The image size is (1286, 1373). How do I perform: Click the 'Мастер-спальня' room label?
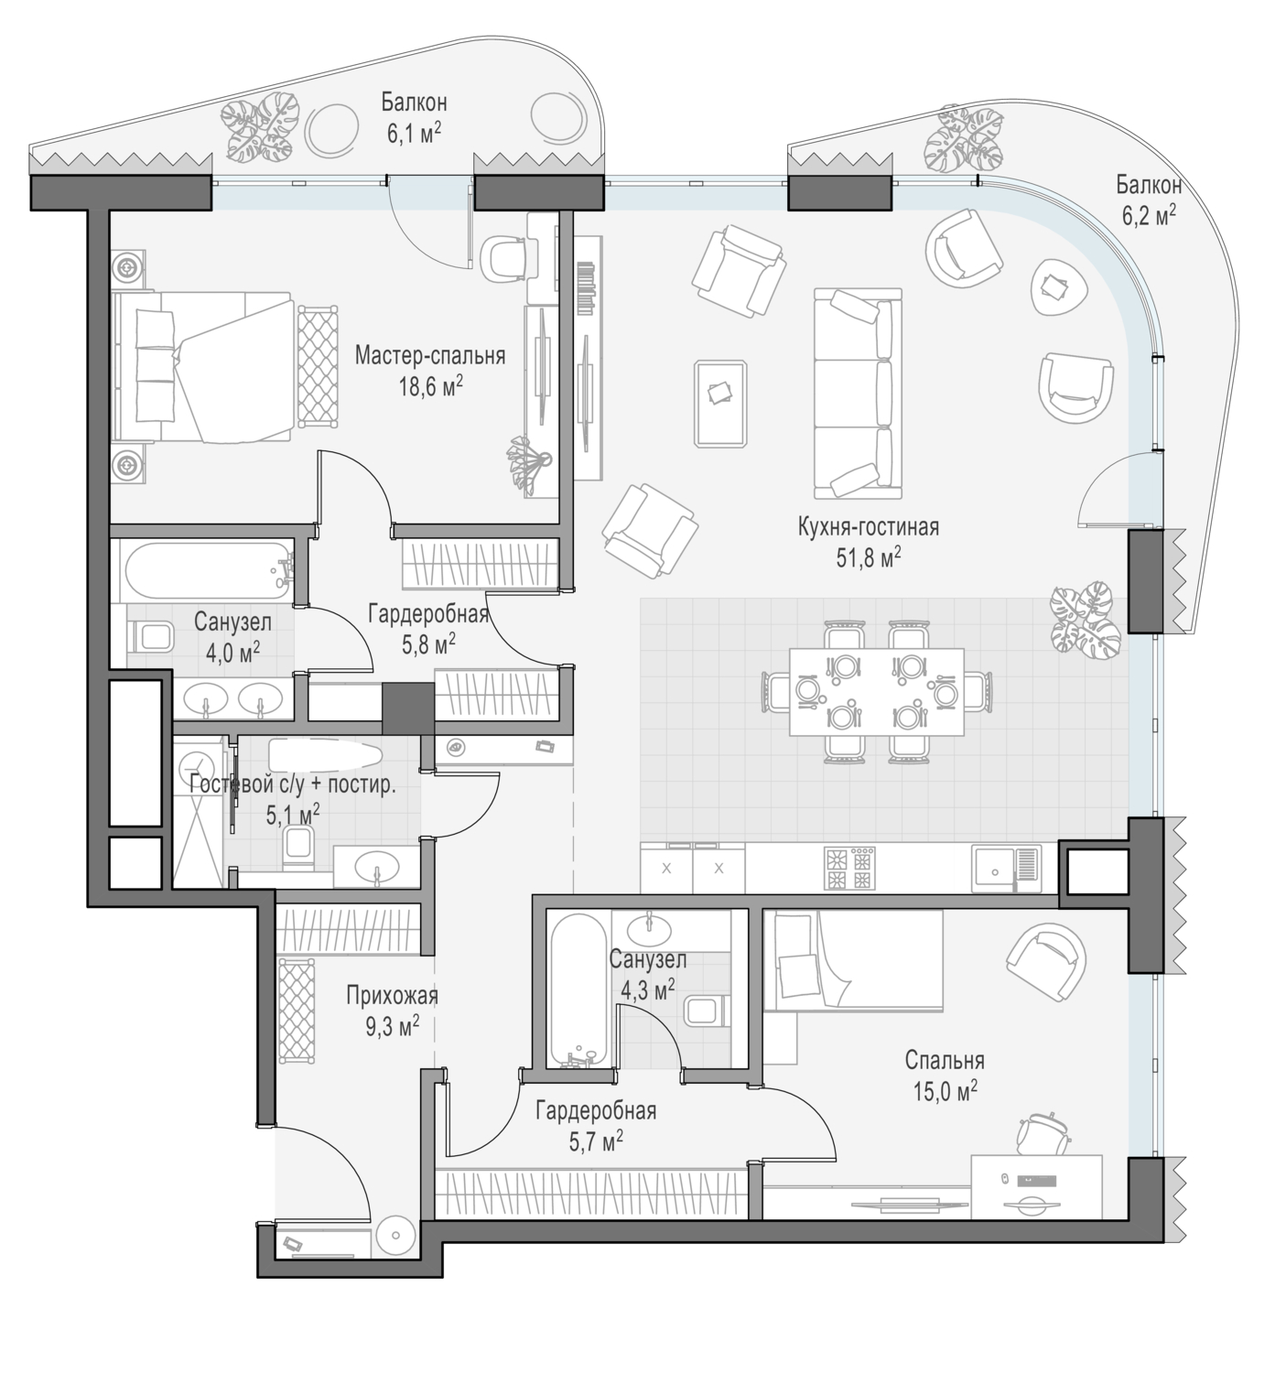click(x=429, y=355)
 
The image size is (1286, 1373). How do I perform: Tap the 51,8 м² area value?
click(x=869, y=557)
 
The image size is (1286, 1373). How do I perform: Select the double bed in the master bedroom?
click(x=202, y=366)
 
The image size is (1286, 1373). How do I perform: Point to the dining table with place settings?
click(x=876, y=692)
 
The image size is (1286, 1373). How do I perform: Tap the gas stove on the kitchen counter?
click(x=849, y=869)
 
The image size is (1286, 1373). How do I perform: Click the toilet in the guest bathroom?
click(x=298, y=849)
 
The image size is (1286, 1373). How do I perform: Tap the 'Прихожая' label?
click(x=392, y=996)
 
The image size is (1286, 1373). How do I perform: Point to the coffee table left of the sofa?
click(x=720, y=403)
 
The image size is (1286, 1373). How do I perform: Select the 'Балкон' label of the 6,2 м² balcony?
click(x=1149, y=185)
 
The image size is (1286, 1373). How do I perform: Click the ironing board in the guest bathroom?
click(x=325, y=755)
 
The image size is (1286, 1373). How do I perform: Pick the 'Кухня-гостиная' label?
click(x=869, y=527)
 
